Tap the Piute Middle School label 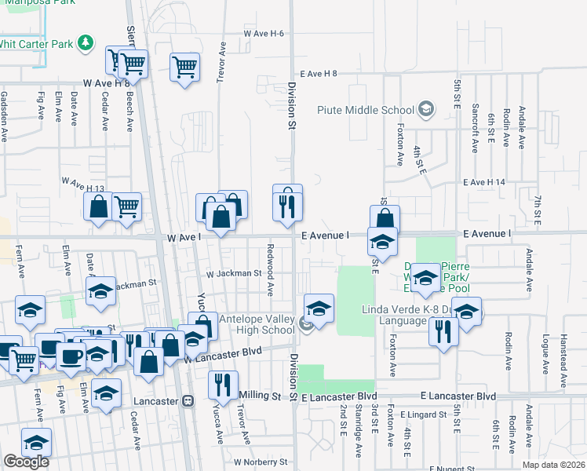366,109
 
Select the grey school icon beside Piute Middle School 426,108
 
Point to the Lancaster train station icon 187,400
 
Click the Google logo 26,462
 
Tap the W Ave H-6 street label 263,34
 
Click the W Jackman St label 233,274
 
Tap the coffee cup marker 71,355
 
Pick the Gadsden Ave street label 5,116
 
